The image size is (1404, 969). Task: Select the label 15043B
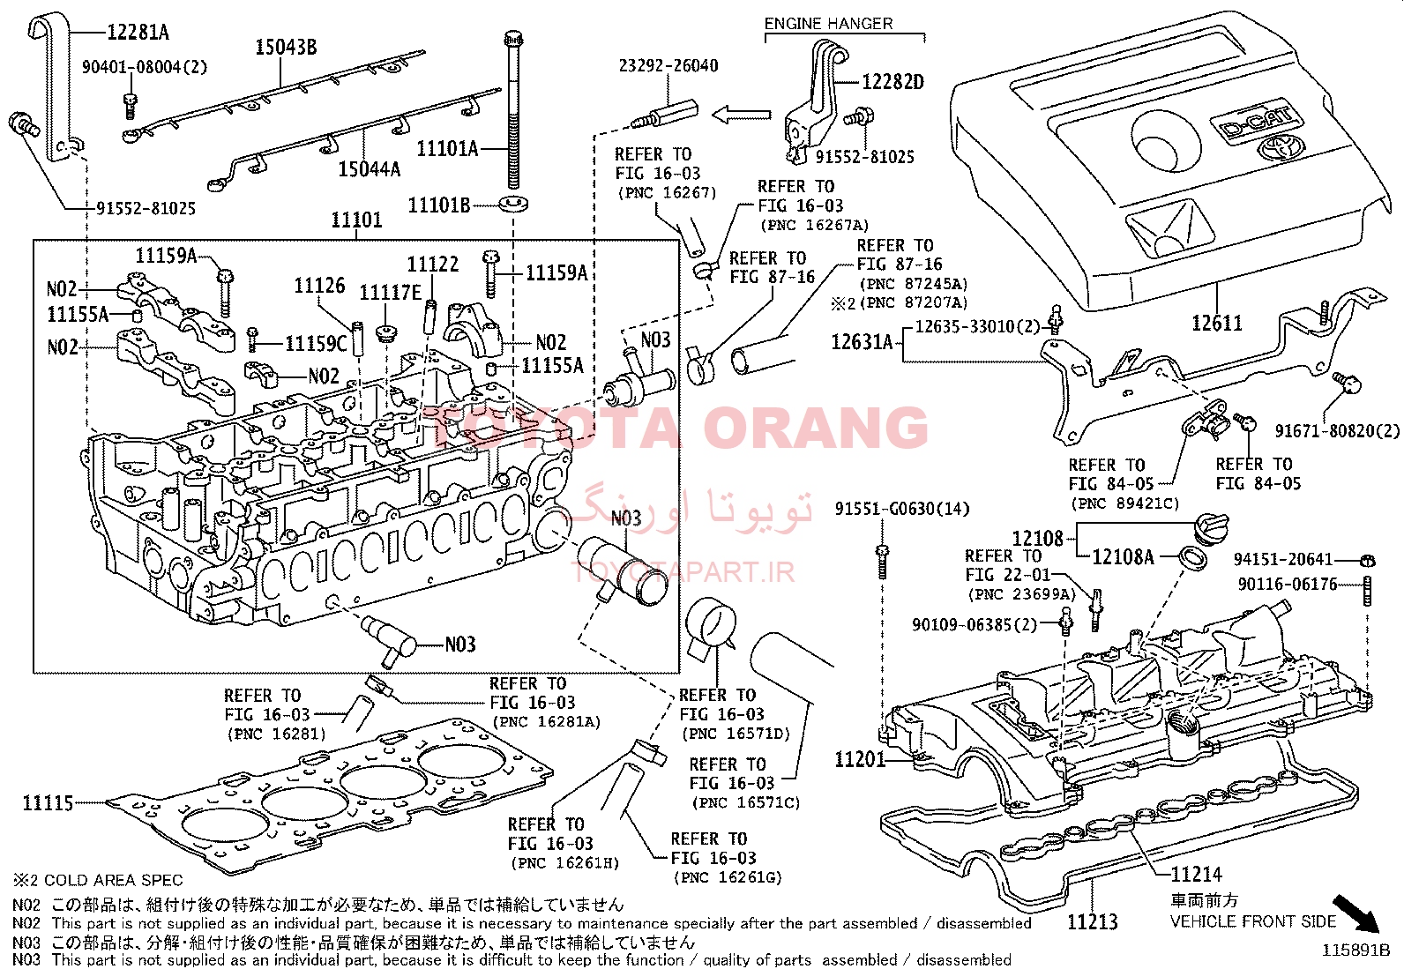(286, 48)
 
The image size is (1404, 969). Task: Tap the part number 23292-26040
(668, 66)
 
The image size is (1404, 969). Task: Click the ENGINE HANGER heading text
(828, 24)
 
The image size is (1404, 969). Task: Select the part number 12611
(1216, 324)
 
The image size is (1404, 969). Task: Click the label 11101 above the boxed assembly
(356, 220)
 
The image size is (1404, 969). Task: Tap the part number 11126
(319, 286)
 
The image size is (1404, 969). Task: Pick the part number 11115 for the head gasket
(48, 803)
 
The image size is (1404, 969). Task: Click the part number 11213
(1092, 922)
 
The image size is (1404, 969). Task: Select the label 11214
(1196, 875)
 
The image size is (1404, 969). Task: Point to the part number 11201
(859, 759)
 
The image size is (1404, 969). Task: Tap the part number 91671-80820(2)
(1337, 431)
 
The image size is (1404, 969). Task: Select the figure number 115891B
(1355, 950)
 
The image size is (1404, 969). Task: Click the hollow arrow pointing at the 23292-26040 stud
(741, 115)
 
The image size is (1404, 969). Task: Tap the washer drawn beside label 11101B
(512, 205)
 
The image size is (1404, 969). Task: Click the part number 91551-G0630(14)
(901, 509)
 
